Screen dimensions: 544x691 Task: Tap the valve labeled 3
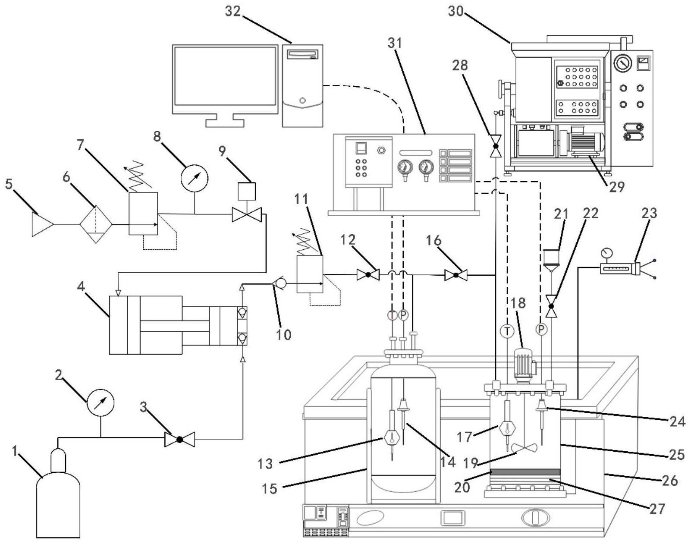(179, 439)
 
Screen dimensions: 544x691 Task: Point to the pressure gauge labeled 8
(195, 178)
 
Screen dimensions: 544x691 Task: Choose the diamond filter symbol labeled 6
(96, 224)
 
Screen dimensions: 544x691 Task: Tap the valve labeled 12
(368, 274)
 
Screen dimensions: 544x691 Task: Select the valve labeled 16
(456, 274)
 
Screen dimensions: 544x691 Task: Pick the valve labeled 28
(496, 147)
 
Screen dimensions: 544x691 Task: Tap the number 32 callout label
(233, 12)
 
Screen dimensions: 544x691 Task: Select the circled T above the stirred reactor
(507, 331)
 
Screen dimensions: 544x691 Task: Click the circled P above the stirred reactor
(541, 330)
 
